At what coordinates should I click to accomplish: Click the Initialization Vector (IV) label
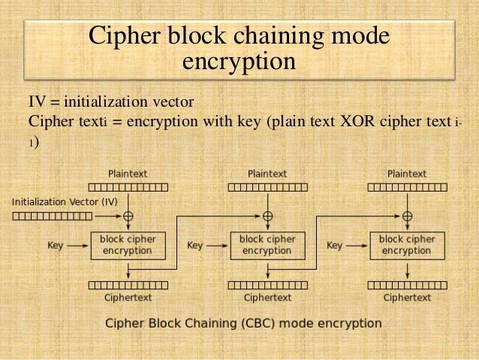point(65,201)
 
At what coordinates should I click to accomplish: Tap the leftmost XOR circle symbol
point(128,216)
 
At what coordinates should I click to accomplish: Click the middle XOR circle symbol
point(267,216)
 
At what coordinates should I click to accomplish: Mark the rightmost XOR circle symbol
point(407,216)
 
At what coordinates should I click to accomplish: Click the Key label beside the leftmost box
point(56,245)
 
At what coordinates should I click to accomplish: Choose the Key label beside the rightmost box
point(335,245)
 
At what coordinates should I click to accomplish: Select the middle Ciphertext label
point(267,298)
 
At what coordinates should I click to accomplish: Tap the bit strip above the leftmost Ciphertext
point(128,284)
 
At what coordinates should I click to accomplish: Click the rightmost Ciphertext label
point(407,298)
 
